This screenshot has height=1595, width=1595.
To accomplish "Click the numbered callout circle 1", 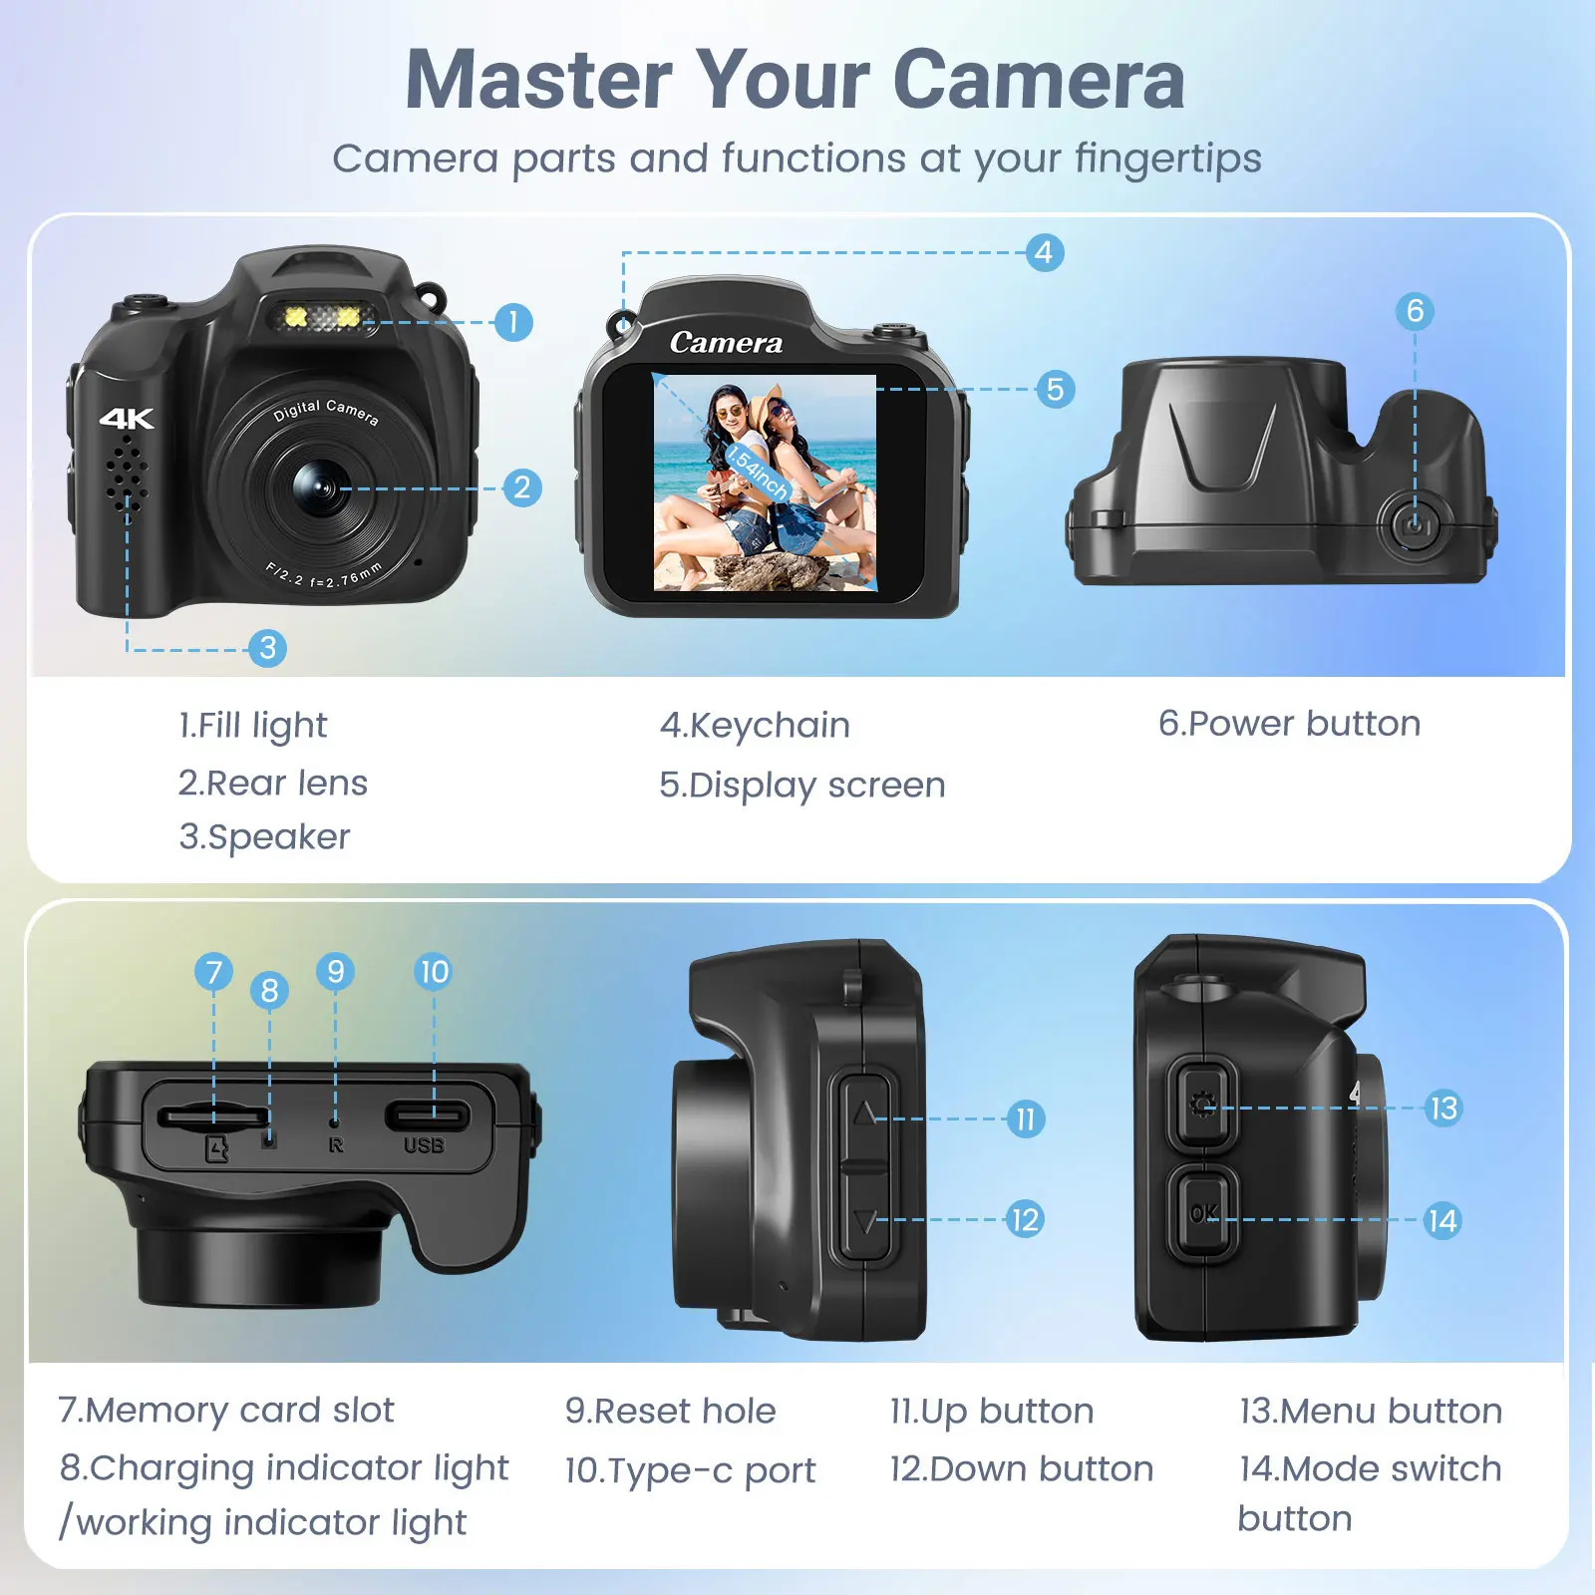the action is coord(513,322).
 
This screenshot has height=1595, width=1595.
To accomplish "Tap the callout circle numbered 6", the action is coord(1415,311).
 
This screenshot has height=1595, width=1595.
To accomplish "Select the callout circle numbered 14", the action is coord(1442,1220).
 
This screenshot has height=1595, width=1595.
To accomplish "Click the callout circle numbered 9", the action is coord(335,971).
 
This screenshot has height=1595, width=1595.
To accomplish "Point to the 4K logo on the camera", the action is coord(127,418).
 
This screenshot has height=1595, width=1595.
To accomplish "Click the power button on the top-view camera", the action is coord(1414,524).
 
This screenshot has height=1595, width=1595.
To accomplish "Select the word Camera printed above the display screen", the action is coord(726,342).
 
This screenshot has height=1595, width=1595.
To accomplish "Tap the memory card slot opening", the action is coord(212,1115).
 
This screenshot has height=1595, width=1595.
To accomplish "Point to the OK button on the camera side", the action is coord(1203,1213).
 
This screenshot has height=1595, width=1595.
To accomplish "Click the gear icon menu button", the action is coord(1203,1105).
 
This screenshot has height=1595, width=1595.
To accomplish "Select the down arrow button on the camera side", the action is coord(865,1218).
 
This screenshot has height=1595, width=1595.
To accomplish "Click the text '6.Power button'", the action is coord(1289,723).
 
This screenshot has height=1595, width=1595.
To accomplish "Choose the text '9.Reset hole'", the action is coord(670,1411).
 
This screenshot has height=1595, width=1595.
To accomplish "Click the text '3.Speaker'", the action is coord(264,837).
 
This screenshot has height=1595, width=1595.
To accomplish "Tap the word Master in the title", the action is coord(539,80).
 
